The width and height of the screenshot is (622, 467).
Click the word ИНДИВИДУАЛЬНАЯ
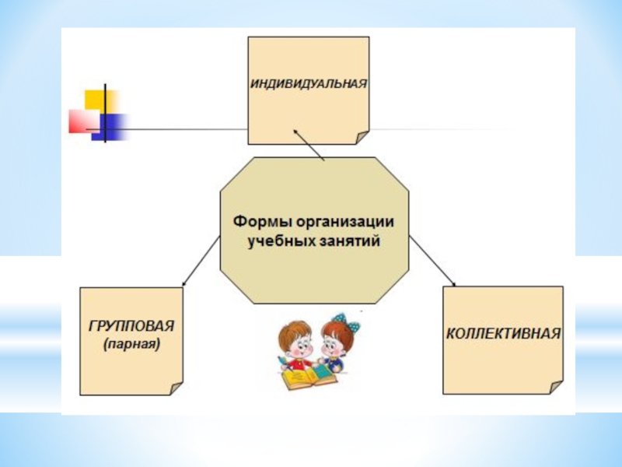[308, 82]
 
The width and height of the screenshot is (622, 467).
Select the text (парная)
[131, 342]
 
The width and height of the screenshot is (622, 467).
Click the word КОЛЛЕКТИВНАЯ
[502, 333]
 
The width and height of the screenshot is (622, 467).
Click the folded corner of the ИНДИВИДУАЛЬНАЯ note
[362, 138]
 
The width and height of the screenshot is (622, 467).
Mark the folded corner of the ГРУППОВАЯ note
[176, 388]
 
